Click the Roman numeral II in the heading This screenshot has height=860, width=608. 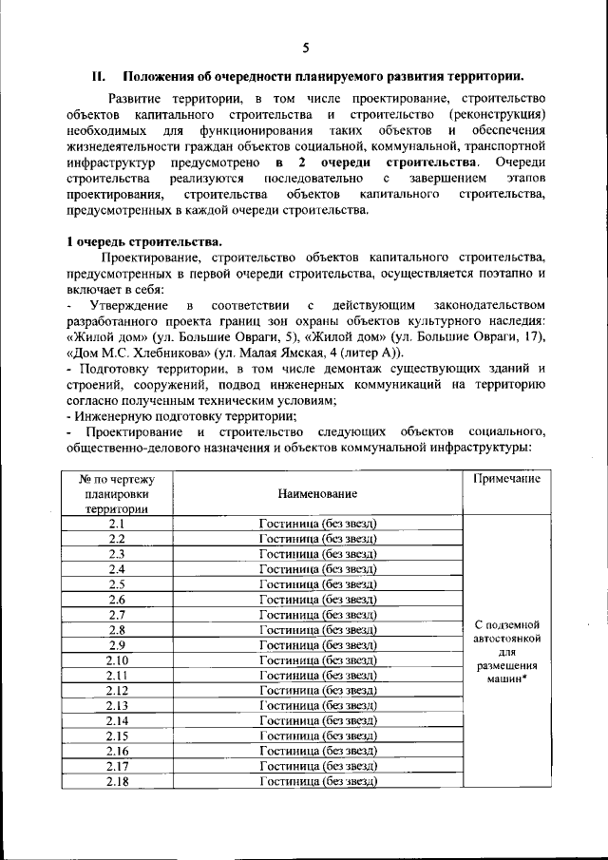[x=97, y=76]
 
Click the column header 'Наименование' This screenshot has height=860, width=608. [x=317, y=493]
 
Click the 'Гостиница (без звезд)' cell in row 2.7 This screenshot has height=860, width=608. [x=317, y=614]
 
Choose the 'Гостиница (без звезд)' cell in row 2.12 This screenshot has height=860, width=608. [x=317, y=690]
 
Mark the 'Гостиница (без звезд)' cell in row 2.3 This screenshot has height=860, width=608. [x=317, y=553]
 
